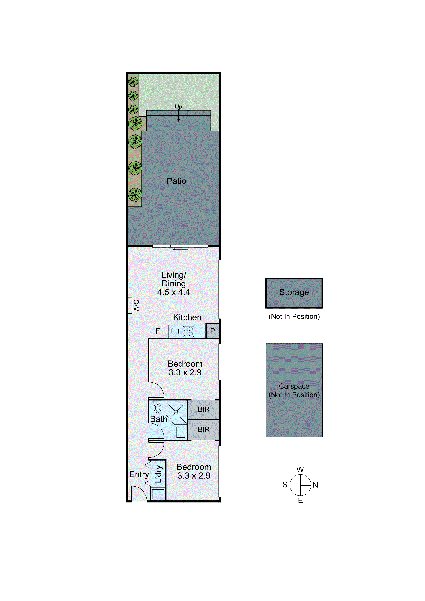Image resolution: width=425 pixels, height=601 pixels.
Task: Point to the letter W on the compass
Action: coord(300,469)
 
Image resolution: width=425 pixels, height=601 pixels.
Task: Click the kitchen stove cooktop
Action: coord(188,331)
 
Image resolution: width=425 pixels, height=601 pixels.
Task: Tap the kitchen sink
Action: coord(175,331)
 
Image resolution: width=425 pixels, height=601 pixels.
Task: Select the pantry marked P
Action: coord(212,331)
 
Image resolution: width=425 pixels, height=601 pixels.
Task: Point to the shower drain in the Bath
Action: coord(176,412)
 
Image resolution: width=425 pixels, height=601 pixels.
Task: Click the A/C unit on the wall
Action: coord(130,305)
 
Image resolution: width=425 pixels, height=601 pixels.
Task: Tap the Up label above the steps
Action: coord(178,107)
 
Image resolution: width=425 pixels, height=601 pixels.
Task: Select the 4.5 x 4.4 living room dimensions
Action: coord(173,292)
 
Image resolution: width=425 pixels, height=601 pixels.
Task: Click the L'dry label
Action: coord(158,474)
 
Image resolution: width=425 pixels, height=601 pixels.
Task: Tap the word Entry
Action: coord(139,474)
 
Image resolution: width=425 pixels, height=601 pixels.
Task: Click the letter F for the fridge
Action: coord(158,331)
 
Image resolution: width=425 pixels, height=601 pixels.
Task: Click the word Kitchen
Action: coord(187,317)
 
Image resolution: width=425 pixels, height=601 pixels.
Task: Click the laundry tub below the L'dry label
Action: coord(158,494)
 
